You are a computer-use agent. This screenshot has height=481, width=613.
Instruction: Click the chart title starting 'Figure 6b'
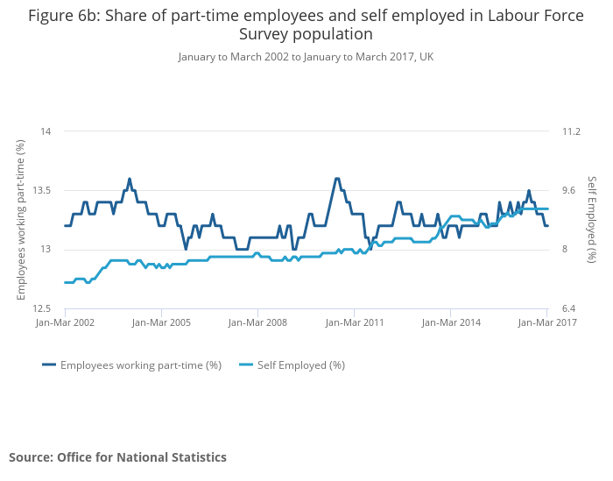(x=306, y=25)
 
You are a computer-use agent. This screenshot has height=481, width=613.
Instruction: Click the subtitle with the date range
(x=306, y=57)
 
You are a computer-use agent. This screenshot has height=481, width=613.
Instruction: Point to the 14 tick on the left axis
(x=46, y=131)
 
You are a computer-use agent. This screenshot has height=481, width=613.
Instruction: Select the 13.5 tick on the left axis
(x=41, y=190)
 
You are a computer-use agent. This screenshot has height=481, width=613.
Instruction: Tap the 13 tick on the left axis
(x=46, y=250)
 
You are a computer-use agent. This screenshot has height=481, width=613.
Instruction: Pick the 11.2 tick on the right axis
(x=571, y=131)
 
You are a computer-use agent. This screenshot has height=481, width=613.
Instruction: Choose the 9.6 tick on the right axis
(x=568, y=190)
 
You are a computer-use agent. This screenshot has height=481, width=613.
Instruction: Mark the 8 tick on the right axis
(x=565, y=250)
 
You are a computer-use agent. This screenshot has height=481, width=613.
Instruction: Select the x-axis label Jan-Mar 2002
(x=66, y=322)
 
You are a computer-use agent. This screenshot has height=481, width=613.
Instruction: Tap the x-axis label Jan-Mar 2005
(x=162, y=322)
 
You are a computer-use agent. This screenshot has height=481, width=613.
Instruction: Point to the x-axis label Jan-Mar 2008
(x=258, y=322)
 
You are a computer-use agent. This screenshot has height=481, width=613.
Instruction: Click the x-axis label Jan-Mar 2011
(x=355, y=322)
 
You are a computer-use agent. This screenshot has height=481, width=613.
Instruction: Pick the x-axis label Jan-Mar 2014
(x=451, y=322)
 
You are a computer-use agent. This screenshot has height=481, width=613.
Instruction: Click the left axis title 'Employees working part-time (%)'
(x=21, y=220)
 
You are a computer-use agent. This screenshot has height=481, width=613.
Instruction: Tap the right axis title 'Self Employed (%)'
(x=592, y=220)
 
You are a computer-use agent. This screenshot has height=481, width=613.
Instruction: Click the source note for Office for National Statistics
(x=117, y=457)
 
